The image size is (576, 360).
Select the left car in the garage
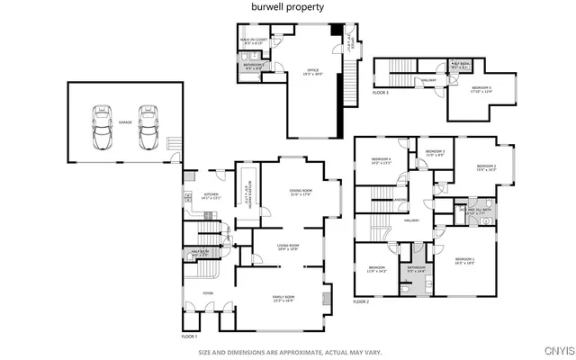(x=101, y=130)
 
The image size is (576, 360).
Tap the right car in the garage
(x=148, y=130)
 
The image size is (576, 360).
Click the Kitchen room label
(x=211, y=196)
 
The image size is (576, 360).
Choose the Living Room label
(x=288, y=247)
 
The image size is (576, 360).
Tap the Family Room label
(x=284, y=298)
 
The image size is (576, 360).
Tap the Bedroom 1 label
(x=463, y=260)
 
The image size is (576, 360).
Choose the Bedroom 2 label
(x=486, y=167)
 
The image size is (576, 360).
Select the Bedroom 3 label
(x=436, y=152)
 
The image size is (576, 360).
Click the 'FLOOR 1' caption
(x=189, y=336)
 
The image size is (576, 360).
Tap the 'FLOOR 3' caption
(x=381, y=93)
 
